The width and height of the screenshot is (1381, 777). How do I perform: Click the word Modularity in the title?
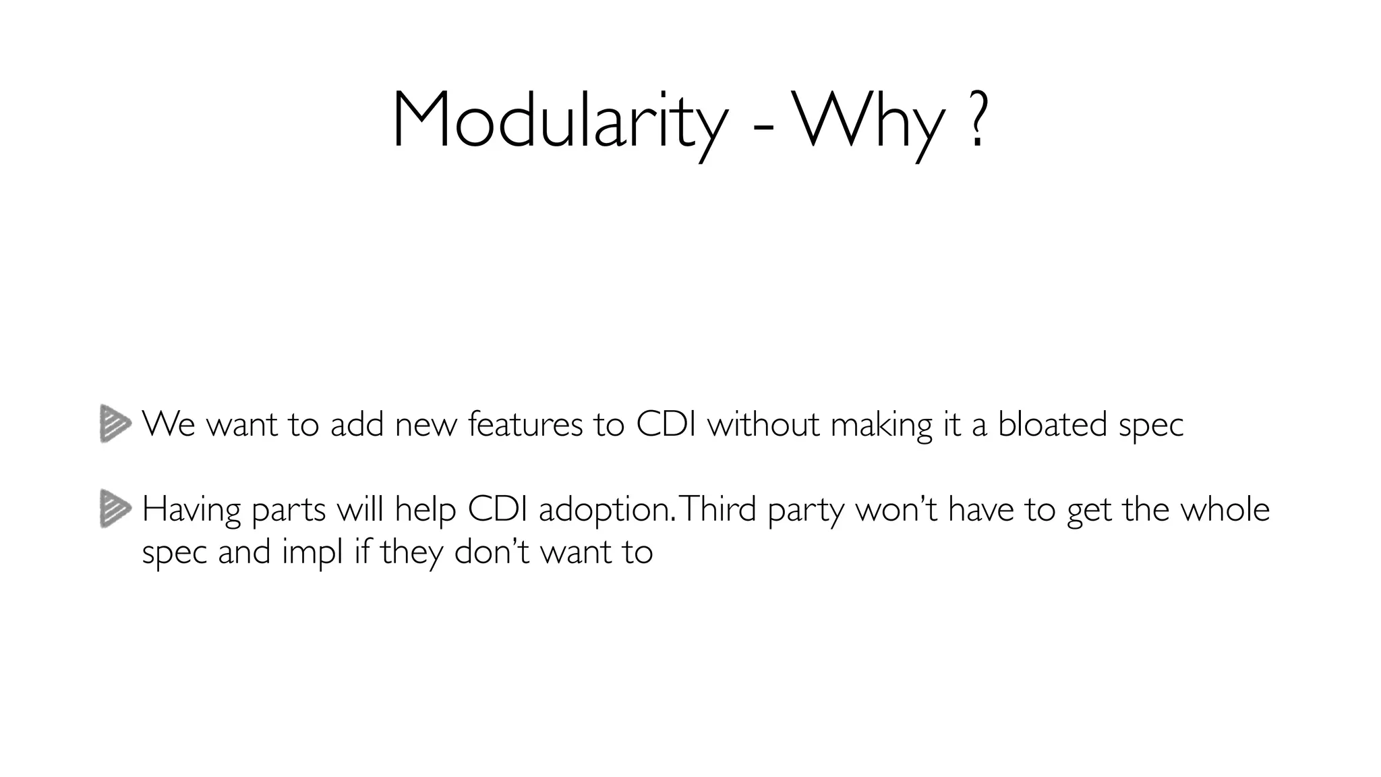[560, 121]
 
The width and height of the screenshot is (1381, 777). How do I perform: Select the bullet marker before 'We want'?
[115, 424]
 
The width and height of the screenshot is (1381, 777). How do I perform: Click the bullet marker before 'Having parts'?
[115, 509]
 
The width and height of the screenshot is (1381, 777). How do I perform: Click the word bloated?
[1052, 424]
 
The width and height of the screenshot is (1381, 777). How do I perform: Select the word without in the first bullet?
[763, 424]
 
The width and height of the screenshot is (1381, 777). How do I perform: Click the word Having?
[192, 511]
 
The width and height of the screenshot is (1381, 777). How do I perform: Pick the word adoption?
[605, 511]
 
